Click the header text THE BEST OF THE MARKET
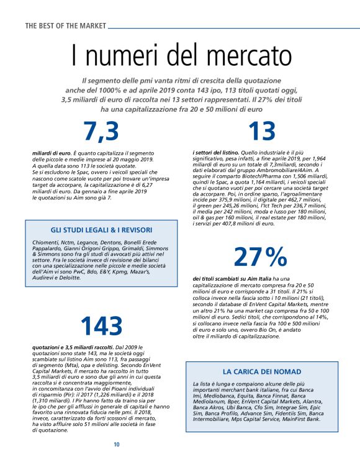tap(65, 25)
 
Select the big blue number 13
tap(261, 132)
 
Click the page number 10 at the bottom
tap(116, 445)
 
